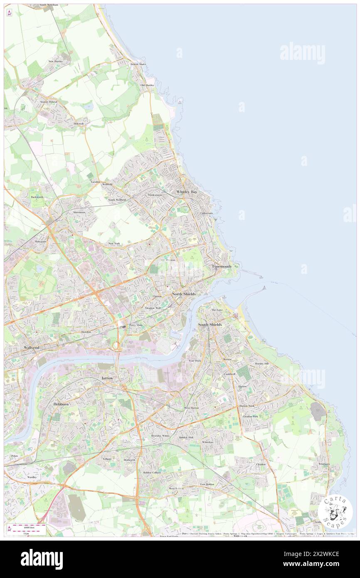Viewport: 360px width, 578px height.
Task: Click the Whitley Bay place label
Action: click(x=187, y=192)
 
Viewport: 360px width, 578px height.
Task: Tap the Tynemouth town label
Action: click(x=221, y=266)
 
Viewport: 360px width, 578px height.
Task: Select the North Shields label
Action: click(x=184, y=294)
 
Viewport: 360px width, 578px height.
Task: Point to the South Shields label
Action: click(x=210, y=324)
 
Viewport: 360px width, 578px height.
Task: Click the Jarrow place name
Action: click(x=107, y=378)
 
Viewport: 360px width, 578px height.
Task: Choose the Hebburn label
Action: click(x=61, y=404)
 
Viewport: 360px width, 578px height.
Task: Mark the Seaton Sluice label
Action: click(x=138, y=64)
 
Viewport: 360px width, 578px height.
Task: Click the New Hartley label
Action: click(x=55, y=61)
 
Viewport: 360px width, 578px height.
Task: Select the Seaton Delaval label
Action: click(x=49, y=101)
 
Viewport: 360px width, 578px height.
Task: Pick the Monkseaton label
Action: click(x=155, y=195)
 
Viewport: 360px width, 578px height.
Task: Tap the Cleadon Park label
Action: click(x=250, y=416)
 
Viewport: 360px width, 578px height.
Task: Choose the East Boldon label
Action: click(x=207, y=484)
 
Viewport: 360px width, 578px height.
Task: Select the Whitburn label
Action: click(x=324, y=464)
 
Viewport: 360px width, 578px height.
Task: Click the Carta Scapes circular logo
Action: click(x=335, y=511)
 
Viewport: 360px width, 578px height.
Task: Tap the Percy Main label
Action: click(x=136, y=325)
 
